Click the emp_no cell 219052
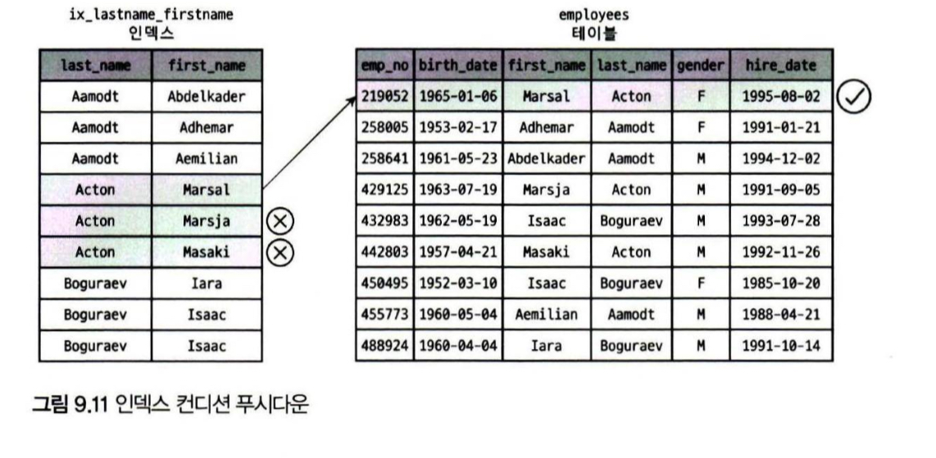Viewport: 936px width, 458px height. coord(385,97)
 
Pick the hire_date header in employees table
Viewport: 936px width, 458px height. coord(780,65)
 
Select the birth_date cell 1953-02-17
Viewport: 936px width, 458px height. coord(459,128)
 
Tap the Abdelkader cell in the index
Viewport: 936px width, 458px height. coord(207,97)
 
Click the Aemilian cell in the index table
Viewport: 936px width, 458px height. coord(207,159)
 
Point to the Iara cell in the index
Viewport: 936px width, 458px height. coord(207,283)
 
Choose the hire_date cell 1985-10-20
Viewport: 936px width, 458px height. coord(780,283)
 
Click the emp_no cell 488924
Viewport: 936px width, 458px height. coord(385,346)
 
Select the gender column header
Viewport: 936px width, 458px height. coord(700,65)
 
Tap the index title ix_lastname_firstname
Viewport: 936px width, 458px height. coord(151,15)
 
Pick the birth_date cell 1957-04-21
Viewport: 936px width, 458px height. coord(459,252)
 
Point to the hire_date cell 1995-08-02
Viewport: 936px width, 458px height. coord(780,97)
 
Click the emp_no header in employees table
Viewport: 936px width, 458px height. coord(385,65)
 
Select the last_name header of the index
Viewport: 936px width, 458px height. coord(95,65)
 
